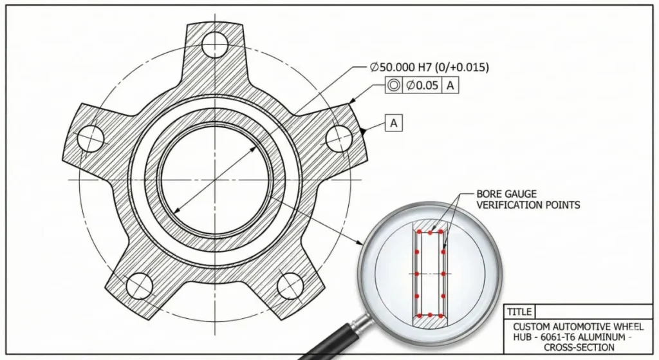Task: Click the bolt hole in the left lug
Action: pos(91,137)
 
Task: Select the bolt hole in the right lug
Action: pos(339,137)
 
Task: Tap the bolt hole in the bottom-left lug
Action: pos(139,285)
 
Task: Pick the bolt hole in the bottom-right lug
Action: pos(291,285)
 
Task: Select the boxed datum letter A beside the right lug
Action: pos(393,123)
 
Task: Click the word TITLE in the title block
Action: pos(519,312)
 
